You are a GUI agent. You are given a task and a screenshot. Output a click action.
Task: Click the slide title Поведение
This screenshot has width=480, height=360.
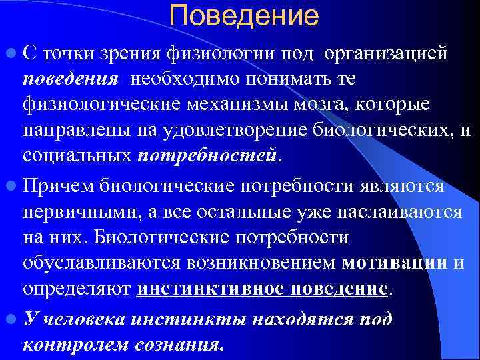point(244,15)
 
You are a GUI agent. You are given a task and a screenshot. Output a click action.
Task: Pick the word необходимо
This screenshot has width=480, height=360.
point(183,80)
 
